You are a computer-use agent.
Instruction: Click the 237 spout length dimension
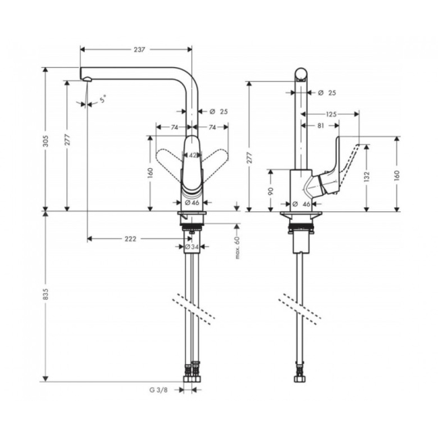click(140, 49)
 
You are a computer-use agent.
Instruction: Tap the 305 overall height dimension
click(46, 141)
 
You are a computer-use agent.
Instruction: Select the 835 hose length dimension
click(45, 294)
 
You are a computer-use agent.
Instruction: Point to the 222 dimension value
click(130, 239)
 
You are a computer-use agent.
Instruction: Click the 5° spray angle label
click(103, 99)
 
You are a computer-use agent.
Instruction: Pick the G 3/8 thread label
click(159, 390)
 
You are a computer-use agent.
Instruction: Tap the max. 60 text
click(238, 248)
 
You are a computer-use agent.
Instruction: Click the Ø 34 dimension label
click(192, 247)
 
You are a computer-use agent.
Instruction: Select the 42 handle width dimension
click(193, 155)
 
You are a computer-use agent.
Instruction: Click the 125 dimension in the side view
click(331, 114)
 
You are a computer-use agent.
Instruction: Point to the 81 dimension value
click(320, 126)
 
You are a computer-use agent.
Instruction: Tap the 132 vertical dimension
click(367, 177)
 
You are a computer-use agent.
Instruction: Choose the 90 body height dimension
click(271, 191)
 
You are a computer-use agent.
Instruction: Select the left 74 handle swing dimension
click(174, 127)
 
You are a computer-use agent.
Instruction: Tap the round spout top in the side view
click(302, 74)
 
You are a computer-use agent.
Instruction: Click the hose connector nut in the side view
click(300, 379)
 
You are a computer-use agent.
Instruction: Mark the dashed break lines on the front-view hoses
click(194, 309)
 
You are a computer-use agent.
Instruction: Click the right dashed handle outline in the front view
click(214, 157)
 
